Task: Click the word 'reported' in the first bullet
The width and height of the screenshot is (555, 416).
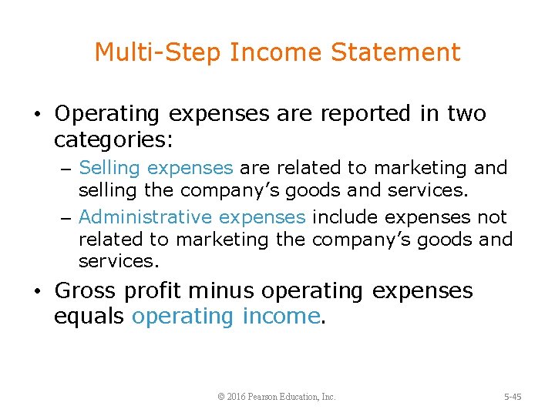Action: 359,114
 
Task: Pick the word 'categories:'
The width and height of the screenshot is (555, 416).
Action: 114,139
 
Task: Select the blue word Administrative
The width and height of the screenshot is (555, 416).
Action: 144,217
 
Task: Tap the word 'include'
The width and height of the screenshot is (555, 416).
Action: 345,217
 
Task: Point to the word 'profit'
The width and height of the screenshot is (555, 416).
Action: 157,292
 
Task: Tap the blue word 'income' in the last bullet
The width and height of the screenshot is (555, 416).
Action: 281,316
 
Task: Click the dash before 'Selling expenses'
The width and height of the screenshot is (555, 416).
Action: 68,169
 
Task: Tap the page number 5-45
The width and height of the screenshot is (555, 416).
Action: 513,397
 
